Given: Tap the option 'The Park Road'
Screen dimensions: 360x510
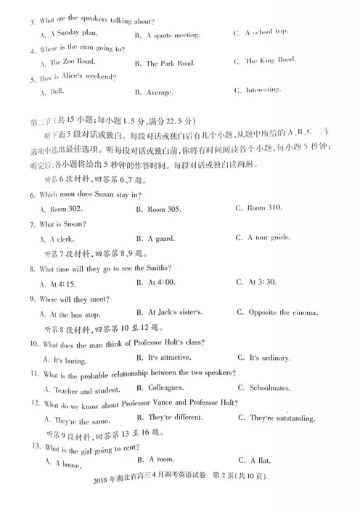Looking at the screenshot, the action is point(170,63).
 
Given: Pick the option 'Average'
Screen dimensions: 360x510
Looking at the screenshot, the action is point(163,91).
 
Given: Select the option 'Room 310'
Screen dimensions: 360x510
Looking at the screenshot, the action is point(263,208).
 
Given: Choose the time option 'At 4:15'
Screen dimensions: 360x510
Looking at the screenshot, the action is point(57,283).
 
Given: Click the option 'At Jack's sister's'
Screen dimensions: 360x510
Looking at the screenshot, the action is point(175,313).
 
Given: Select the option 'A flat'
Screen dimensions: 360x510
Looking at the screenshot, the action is point(257,461).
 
